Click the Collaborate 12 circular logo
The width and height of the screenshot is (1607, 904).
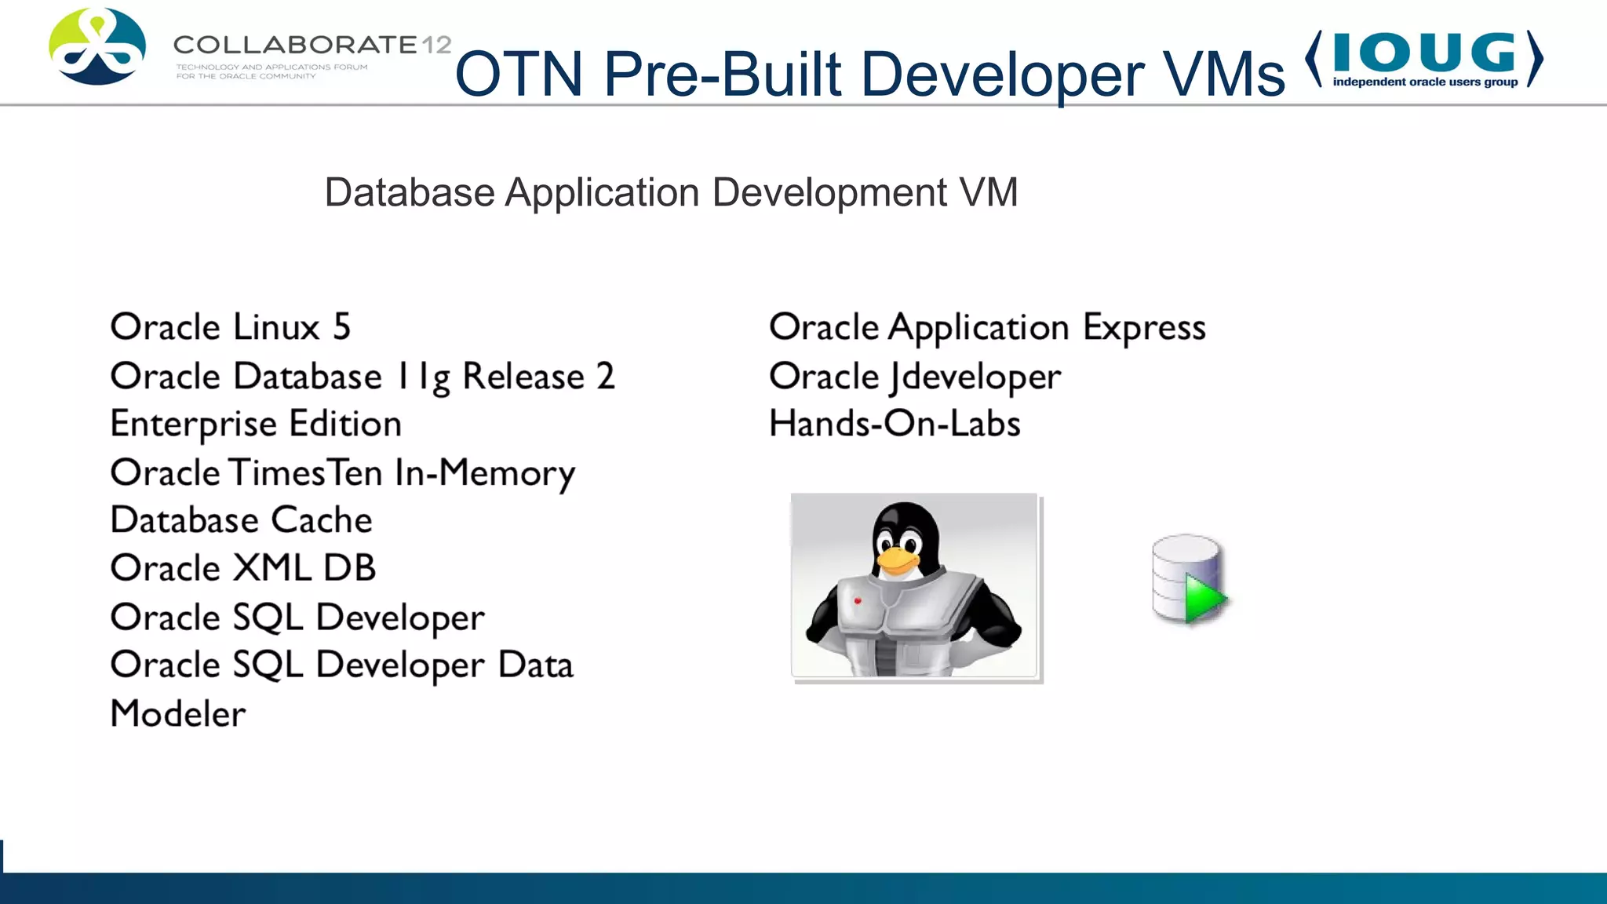[x=97, y=47]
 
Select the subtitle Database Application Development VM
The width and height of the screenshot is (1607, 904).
[x=671, y=193]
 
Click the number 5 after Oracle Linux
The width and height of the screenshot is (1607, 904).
[x=341, y=327]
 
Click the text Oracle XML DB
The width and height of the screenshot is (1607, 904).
[x=243, y=568]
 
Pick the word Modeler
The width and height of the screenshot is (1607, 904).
[x=178, y=714]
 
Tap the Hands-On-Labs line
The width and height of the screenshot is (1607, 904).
[x=895, y=425]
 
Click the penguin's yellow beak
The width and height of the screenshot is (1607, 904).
[x=898, y=560]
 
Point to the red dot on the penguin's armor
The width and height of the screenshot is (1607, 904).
[x=858, y=601]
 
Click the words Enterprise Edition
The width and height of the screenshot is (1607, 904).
[x=256, y=425]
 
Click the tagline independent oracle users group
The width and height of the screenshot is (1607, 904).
[x=1425, y=82]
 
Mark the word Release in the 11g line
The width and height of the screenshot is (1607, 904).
[x=523, y=377]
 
